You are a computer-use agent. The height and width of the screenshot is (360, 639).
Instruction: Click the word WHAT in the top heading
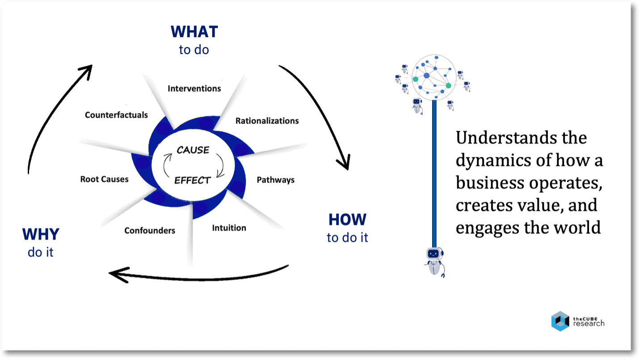pos(194,32)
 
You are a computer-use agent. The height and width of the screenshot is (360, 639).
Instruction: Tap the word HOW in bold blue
pos(347,219)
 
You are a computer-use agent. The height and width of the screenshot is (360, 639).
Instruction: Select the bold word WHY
pos(41,234)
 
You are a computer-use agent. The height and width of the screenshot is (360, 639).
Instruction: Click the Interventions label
pos(194,88)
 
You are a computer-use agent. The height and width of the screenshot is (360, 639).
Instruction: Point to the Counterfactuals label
pos(116,115)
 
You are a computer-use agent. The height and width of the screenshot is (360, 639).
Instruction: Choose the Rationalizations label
pos(267,121)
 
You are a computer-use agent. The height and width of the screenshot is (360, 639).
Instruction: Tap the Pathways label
pos(276,180)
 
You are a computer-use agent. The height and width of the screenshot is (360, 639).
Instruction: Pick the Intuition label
pos(229,228)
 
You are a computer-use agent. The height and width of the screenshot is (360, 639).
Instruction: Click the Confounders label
pos(150,230)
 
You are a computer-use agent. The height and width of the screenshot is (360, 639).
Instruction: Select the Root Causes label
pos(105,179)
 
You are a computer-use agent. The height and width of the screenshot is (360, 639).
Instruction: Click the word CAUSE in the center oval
pos(193,150)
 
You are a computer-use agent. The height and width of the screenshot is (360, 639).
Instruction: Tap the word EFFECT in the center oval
pos(193,180)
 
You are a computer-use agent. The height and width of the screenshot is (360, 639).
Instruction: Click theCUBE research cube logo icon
pos(560,321)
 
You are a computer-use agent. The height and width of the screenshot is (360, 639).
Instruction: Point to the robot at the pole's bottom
pos(435,262)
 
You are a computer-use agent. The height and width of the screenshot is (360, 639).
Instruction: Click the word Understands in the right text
pos(507,138)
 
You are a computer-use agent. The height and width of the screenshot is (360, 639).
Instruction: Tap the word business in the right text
pos(490,183)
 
